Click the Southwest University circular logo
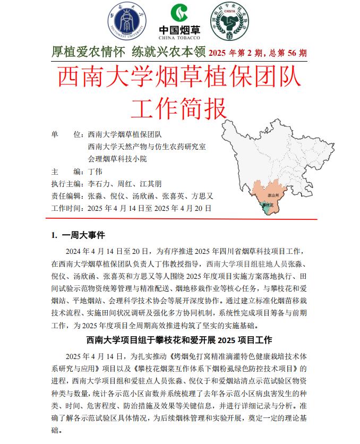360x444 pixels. [x=125, y=22]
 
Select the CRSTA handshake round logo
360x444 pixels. [x=230, y=23]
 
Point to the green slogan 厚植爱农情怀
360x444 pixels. [x=88, y=53]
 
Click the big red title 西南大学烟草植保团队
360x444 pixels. [x=179, y=77]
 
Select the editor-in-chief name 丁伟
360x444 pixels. [x=95, y=172]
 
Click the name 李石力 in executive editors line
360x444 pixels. [x=98, y=184]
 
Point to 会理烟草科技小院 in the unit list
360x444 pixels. [x=117, y=159]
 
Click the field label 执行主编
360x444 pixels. [x=66, y=184]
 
